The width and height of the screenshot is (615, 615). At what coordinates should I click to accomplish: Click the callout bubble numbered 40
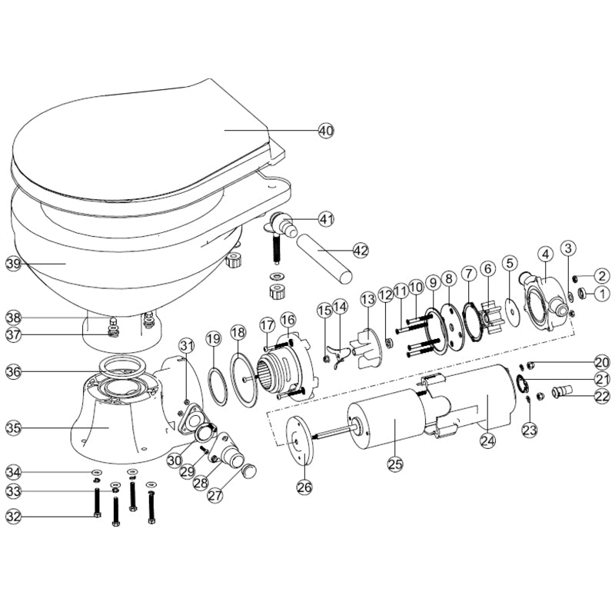[326, 131]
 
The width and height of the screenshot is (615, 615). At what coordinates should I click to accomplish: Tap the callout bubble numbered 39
[13, 263]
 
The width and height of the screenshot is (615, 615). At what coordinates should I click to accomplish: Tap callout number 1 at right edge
[602, 293]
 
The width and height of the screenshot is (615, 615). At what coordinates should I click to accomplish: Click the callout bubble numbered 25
[394, 464]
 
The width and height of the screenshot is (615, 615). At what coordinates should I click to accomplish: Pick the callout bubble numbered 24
[487, 440]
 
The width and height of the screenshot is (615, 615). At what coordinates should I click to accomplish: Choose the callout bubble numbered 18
[238, 333]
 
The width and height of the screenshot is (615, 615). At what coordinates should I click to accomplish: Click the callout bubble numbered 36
[13, 371]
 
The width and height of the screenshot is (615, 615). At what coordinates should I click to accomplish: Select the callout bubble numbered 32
[13, 516]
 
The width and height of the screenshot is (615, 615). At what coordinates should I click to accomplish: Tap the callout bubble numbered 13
[367, 298]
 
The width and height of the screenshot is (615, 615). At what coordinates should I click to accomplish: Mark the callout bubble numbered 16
[288, 319]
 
